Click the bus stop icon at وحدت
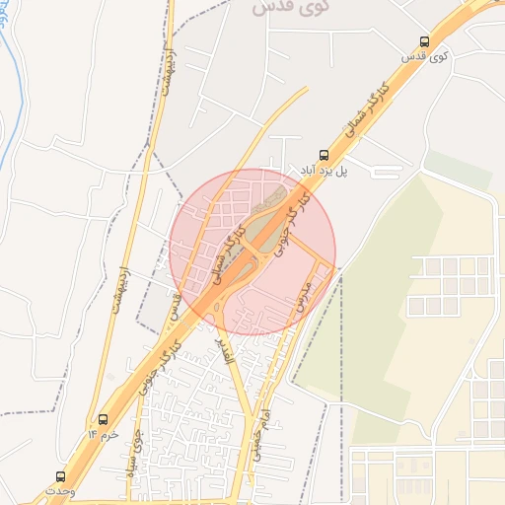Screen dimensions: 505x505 tap(61, 476)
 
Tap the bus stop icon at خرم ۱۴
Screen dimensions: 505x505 tap(104, 419)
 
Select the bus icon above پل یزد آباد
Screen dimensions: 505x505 tap(323, 155)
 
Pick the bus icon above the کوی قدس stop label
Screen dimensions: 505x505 tap(424, 42)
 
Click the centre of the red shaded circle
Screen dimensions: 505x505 tap(252, 252)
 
